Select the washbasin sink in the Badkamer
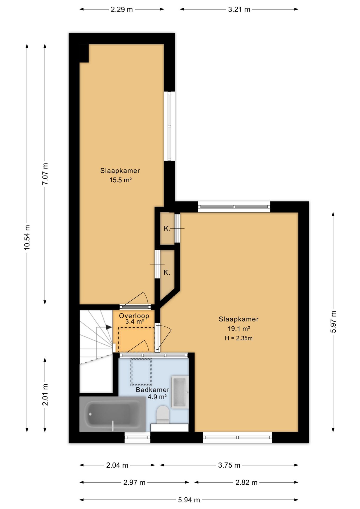coord(180,392)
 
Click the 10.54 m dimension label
coord(27,237)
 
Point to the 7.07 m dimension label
coord(45,174)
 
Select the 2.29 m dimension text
coord(122,10)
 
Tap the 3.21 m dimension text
coord(239,10)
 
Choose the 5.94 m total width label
coord(189,500)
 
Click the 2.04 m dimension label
coord(117,465)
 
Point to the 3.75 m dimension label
coord(229,465)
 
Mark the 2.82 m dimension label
coord(246,482)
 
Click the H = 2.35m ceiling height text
coord(239,338)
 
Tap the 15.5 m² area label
coord(121,180)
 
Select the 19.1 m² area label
coord(239,329)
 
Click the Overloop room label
coord(134,316)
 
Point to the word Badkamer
coord(152,390)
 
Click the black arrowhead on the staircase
coord(109,327)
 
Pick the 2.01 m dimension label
coord(45,394)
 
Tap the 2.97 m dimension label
coord(134,482)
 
